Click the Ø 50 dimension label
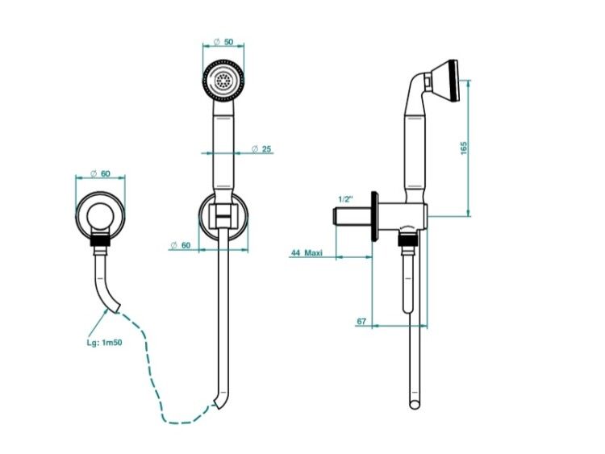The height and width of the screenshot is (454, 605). point(223,42)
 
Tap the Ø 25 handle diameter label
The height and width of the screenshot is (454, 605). point(261,149)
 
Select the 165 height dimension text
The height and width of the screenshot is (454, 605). point(464,148)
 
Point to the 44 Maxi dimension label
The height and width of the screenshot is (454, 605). point(307,253)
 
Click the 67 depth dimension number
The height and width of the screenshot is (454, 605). point(361,321)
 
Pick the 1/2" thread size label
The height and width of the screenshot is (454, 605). point(346,199)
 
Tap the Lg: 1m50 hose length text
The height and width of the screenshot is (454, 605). point(105,343)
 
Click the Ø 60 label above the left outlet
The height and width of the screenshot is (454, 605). point(100,173)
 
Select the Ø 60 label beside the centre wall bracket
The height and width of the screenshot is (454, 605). point(180,245)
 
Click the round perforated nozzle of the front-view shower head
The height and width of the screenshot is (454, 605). point(223,81)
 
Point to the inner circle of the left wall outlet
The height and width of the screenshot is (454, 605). point(100,215)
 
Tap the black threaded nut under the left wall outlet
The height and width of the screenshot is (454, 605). point(100,240)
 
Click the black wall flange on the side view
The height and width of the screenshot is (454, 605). point(373,216)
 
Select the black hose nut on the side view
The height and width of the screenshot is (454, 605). point(409,239)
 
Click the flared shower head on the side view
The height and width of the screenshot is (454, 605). point(445,81)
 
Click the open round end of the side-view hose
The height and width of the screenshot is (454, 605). point(415,405)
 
